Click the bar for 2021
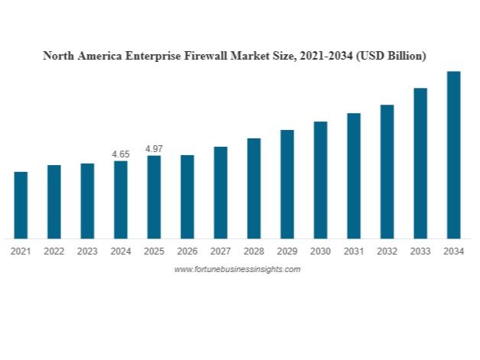[x=21, y=205]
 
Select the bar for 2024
[x=121, y=199]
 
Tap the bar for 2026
[x=187, y=196]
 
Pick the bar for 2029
[x=287, y=184]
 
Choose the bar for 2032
[x=387, y=171]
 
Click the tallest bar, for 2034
[x=453, y=154]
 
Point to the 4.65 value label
[x=121, y=154]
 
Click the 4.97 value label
[x=154, y=148]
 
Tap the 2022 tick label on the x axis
[x=54, y=251]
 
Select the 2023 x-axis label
[x=87, y=251]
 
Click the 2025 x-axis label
[x=154, y=251]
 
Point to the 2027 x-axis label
[x=220, y=251]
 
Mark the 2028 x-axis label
[x=254, y=251]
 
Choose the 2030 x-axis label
[x=320, y=251]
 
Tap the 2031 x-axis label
[x=353, y=251]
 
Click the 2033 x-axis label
[x=420, y=251]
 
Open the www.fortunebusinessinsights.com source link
[x=238, y=269]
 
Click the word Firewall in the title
[x=211, y=56]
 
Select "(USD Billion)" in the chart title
[x=389, y=56]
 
